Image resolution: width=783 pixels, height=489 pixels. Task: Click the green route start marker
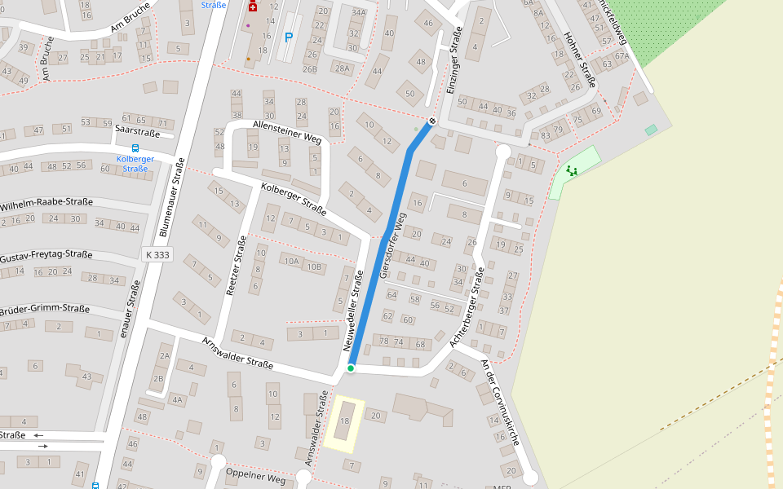coord(351,368)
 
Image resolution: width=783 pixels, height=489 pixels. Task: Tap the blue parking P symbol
coord(288,37)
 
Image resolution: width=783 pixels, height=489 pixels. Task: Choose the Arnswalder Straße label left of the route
coord(237,352)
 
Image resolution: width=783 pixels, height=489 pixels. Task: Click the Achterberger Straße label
coord(467,306)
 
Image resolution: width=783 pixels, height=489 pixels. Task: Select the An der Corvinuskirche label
coord(501,403)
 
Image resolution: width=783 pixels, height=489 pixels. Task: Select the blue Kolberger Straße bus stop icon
coord(135,148)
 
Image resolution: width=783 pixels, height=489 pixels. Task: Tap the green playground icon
coord(572,170)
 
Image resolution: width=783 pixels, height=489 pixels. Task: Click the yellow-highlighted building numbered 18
coord(344,423)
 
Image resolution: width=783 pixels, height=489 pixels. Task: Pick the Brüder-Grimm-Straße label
coord(45,309)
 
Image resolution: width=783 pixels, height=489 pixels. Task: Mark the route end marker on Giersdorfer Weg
coord(432,121)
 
